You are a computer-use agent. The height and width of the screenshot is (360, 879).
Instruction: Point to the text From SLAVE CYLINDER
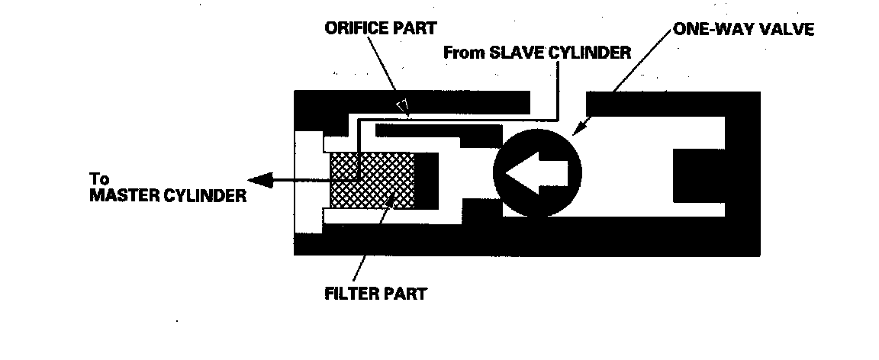[536, 53]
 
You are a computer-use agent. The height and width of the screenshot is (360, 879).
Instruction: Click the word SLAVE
[514, 53]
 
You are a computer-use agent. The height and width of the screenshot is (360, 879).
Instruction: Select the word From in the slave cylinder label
[463, 53]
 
